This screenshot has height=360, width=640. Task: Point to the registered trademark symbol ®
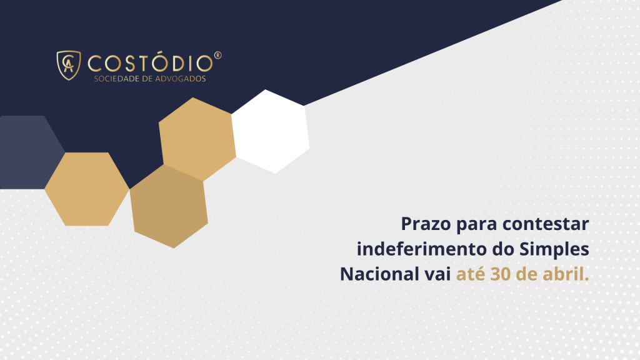tap(217, 56)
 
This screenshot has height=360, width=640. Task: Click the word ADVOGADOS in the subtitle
tap(181, 79)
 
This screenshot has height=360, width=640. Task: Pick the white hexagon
tap(271, 131)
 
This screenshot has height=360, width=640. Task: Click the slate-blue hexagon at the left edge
tap(25, 152)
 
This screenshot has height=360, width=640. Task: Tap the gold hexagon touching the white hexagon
tap(197, 139)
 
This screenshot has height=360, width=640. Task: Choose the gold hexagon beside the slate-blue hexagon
tap(86, 189)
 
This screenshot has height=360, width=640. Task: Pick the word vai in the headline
tap(437, 274)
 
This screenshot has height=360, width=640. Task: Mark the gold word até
tap(471, 274)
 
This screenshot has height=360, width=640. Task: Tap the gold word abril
tap(566, 274)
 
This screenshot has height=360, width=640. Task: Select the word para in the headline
tap(474, 224)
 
